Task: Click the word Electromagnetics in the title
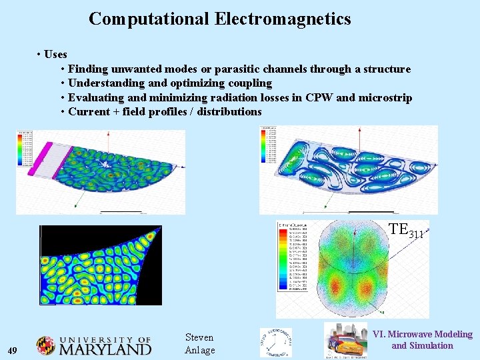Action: [283, 19]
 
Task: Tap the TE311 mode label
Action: [405, 231]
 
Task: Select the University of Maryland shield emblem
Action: [46, 346]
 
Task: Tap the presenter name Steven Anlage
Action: [199, 344]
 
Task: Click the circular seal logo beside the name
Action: [275, 343]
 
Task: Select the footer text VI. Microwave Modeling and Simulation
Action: [422, 339]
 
